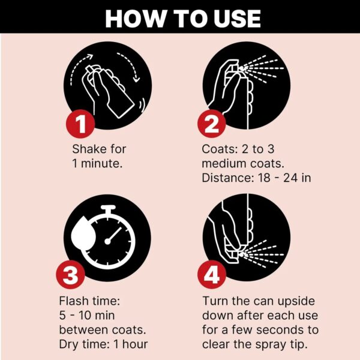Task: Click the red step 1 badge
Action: click(x=80, y=124)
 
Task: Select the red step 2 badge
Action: click(x=212, y=124)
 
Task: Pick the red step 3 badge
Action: click(x=70, y=275)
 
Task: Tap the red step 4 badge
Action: click(x=212, y=275)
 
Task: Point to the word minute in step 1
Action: click(x=101, y=163)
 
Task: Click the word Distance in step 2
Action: click(x=228, y=178)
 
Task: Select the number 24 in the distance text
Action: click(x=290, y=178)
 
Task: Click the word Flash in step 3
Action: click(x=74, y=301)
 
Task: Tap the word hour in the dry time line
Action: click(x=135, y=344)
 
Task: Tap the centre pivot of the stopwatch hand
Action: click(x=107, y=241)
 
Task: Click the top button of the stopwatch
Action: click(x=107, y=209)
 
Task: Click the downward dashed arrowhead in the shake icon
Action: click(x=137, y=79)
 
